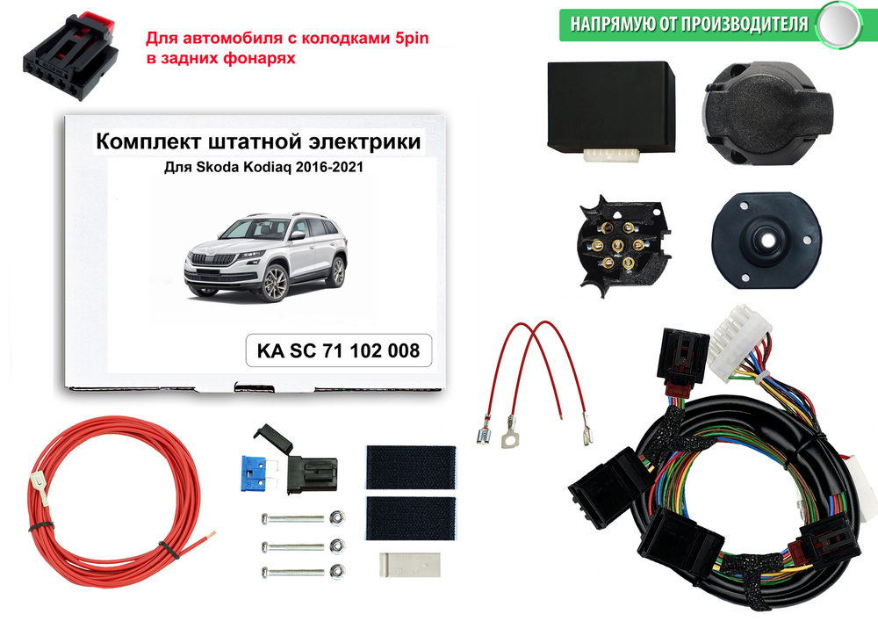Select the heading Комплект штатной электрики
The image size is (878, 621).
(257, 141)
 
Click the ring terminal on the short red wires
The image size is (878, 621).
(507, 433)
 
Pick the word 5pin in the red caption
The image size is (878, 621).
(409, 40)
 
